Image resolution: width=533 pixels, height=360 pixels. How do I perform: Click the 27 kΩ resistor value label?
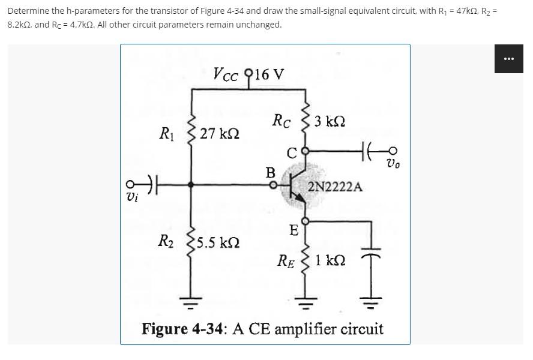(220, 133)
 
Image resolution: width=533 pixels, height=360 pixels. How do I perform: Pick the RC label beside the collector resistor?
(282, 120)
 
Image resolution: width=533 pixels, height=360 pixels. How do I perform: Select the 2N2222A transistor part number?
(336, 187)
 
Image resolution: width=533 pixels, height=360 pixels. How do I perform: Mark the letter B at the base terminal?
(271, 173)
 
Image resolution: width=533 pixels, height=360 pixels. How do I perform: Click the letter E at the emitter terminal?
(293, 230)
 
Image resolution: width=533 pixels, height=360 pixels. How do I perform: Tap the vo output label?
(393, 163)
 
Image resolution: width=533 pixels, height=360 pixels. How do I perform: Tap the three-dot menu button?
(509, 59)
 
